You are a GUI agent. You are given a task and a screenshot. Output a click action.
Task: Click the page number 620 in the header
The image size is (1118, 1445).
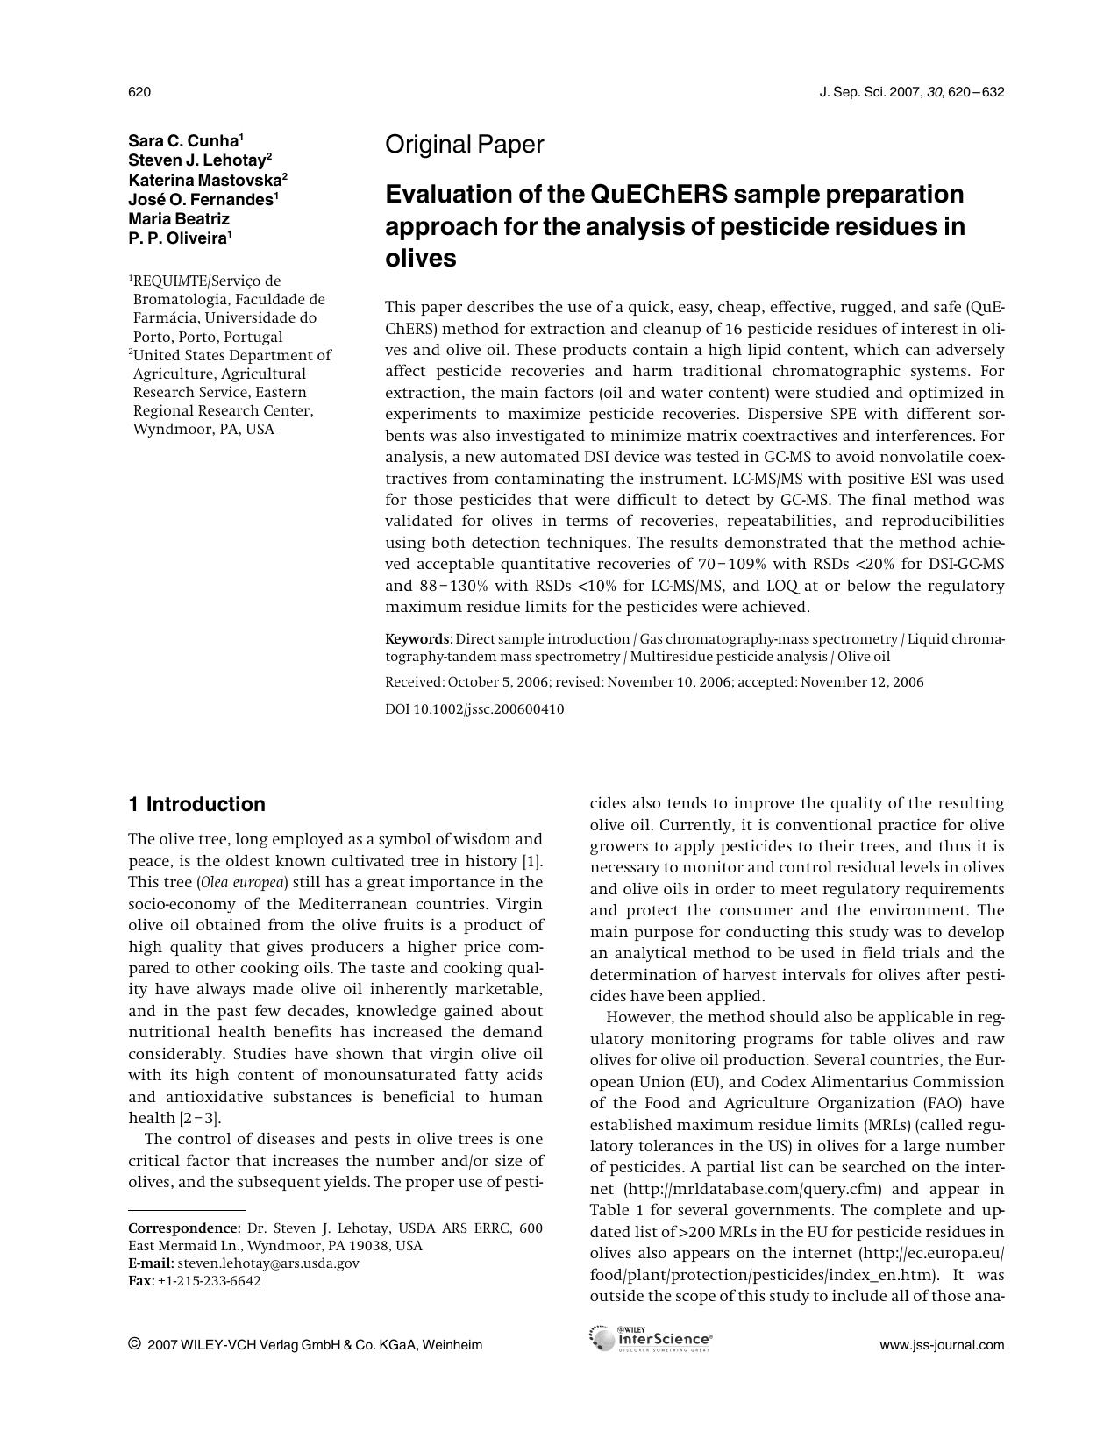click(x=139, y=92)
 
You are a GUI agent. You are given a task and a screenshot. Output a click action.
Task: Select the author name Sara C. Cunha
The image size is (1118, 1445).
click(x=183, y=141)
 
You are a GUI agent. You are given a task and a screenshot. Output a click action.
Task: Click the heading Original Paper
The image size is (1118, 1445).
click(x=464, y=145)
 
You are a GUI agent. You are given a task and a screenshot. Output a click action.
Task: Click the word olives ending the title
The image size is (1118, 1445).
click(x=421, y=259)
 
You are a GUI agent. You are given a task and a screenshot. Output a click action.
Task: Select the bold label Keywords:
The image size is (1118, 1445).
click(x=418, y=639)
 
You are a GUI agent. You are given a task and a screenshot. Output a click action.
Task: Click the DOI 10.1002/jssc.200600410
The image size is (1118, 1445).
click(x=474, y=709)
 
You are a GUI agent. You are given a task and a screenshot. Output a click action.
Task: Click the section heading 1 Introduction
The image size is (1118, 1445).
click(x=196, y=804)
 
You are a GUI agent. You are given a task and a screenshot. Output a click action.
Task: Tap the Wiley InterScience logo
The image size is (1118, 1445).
click(x=651, y=1339)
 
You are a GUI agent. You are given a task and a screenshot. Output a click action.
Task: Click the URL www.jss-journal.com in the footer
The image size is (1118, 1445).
click(x=942, y=1345)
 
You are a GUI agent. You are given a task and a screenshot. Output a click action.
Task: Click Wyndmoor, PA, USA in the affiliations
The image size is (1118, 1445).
click(x=203, y=430)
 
